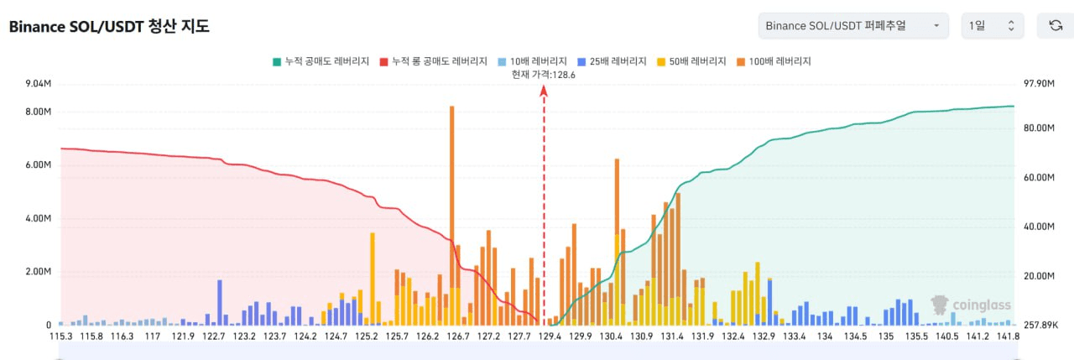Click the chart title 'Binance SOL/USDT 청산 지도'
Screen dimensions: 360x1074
tap(109, 26)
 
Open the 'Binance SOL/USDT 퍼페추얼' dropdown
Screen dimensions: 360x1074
tap(852, 26)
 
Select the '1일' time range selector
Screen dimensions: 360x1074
tap(992, 26)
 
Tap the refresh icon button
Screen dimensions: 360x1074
tap(1056, 26)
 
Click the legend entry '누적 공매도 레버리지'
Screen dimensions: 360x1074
tap(321, 61)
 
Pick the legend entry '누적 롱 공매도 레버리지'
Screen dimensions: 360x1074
tap(433, 61)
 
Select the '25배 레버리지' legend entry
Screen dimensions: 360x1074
tap(613, 61)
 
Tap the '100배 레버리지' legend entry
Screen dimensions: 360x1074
tap(774, 61)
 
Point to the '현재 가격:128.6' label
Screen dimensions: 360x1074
tap(544, 75)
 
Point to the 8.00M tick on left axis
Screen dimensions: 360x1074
tap(39, 112)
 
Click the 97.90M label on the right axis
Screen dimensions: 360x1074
tap(1033, 84)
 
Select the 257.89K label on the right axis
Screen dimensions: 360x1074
tap(1035, 325)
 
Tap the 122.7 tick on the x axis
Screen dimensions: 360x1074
tap(214, 337)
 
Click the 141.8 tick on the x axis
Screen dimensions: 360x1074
tap(1008, 337)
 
